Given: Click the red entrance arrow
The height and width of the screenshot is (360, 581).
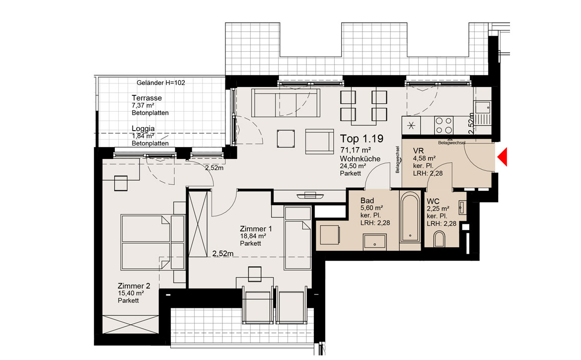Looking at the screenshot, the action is (502, 157).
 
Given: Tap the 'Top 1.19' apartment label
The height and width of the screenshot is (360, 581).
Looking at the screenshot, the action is (362, 139).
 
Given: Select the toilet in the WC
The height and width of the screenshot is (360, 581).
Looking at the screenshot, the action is (439, 239).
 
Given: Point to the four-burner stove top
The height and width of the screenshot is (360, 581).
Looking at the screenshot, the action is (443, 125).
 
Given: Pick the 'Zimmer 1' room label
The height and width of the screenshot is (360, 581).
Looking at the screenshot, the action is (256, 229).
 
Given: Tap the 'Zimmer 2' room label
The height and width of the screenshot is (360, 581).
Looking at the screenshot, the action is (134, 286).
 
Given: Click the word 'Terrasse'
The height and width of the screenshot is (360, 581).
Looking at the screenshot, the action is (146, 98).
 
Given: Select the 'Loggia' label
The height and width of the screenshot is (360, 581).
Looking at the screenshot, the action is (144, 129).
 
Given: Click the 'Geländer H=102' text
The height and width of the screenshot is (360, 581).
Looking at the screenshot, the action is (161, 82).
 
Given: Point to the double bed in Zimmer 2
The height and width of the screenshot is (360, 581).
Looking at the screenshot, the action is (152, 242).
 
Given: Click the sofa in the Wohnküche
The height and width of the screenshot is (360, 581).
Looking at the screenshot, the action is (286, 103).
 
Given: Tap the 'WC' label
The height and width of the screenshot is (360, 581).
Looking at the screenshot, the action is (433, 202).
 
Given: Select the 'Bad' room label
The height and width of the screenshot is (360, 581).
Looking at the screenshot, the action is (367, 201).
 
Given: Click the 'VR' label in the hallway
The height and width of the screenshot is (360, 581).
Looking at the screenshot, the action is (418, 151).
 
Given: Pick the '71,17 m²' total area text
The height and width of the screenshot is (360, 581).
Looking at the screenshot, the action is (356, 150).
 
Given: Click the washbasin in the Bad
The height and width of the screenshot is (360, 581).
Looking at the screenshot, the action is (375, 242).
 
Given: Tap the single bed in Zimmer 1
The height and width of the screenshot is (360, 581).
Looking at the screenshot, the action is (297, 238).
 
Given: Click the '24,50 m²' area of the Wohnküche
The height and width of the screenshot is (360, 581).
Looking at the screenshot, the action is (353, 166).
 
